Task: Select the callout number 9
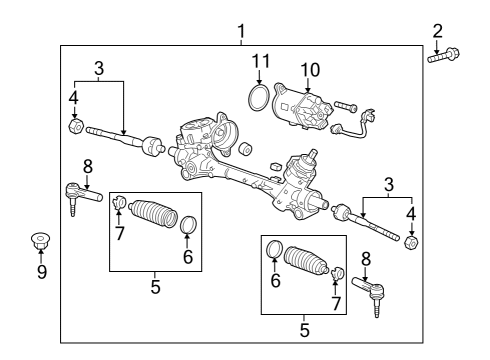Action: [41, 272]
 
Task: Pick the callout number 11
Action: [260, 61]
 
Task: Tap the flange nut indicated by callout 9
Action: [41, 239]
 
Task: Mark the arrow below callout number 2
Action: [437, 44]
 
